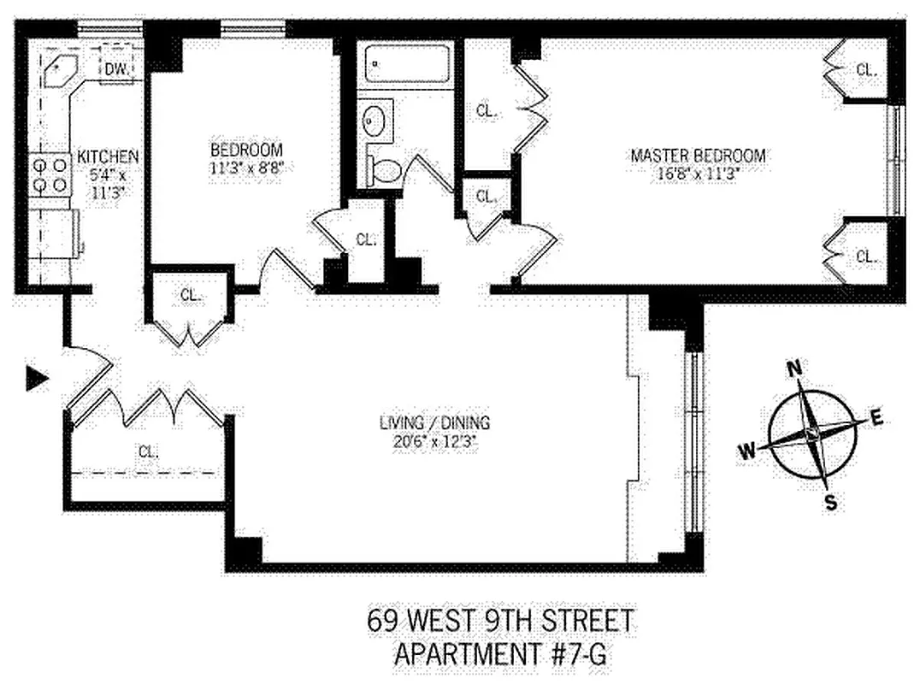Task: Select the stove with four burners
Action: coord(50,174)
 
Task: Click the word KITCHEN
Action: coord(108,157)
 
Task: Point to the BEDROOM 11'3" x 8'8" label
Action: coord(246,157)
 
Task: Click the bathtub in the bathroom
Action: coord(407,64)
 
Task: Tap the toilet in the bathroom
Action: coord(385,170)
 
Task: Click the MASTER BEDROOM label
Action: coord(698,156)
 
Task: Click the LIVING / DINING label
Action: coord(436,423)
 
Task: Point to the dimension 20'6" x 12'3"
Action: coord(436,440)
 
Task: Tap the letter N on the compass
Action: coord(794,369)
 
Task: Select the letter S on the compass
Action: coord(830,503)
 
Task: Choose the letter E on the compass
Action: coord(876,418)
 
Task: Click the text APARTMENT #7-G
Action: coord(502,655)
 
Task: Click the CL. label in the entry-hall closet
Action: coord(147,451)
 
